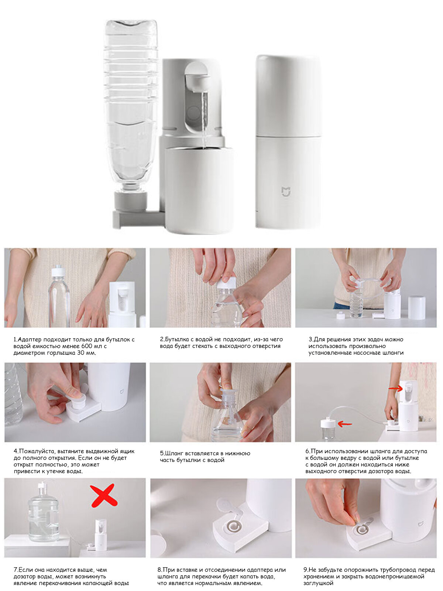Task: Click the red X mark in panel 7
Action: click(x=103, y=496)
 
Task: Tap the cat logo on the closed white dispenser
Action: click(x=286, y=191)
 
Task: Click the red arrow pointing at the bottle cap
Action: click(x=345, y=424)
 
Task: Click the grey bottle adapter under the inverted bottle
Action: click(x=131, y=201)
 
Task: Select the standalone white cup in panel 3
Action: click(x=417, y=308)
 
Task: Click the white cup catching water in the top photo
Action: click(x=199, y=190)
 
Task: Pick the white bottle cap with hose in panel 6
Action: click(x=327, y=423)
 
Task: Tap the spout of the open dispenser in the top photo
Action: click(x=198, y=82)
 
